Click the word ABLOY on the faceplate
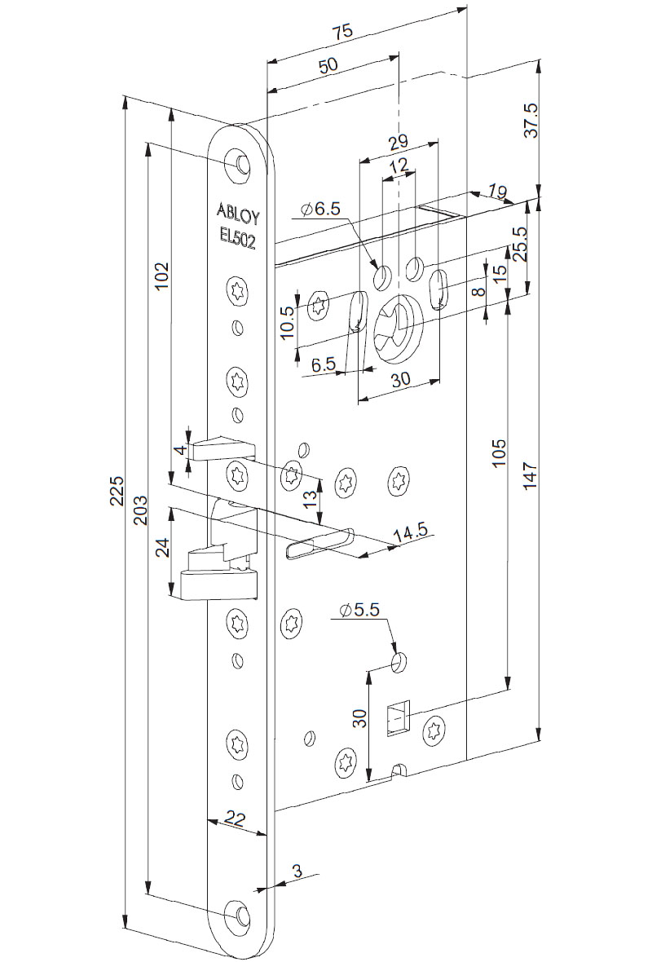[238, 210]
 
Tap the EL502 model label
[238, 234]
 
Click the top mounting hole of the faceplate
[240, 163]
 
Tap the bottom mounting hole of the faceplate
[240, 916]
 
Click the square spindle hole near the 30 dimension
[398, 718]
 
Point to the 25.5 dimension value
[518, 245]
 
